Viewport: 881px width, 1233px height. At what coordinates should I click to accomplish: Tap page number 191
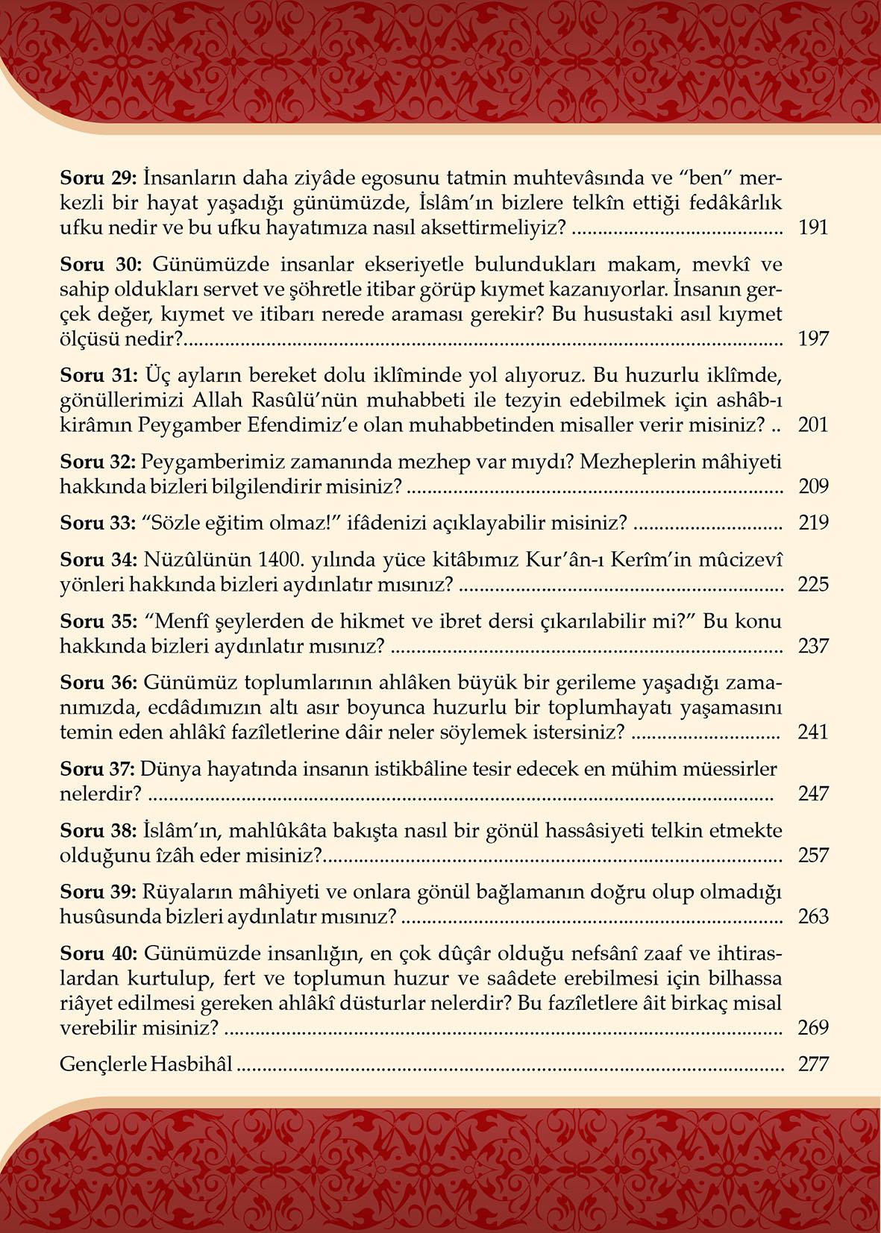[x=813, y=228]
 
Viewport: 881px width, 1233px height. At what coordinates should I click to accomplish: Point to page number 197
[x=813, y=339]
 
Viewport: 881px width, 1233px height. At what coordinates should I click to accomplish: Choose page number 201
[x=813, y=425]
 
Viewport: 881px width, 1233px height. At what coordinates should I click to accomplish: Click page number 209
[x=813, y=486]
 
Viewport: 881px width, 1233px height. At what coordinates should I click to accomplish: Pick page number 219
[x=813, y=522]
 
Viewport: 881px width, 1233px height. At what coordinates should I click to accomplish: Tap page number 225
[x=813, y=583]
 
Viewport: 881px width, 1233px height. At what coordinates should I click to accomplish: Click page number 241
[x=813, y=732]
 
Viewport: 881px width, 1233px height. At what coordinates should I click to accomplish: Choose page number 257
[x=813, y=855]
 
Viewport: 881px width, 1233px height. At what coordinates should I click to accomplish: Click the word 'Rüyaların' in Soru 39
[x=180, y=892]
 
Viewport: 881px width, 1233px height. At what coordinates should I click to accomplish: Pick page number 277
[x=813, y=1064]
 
